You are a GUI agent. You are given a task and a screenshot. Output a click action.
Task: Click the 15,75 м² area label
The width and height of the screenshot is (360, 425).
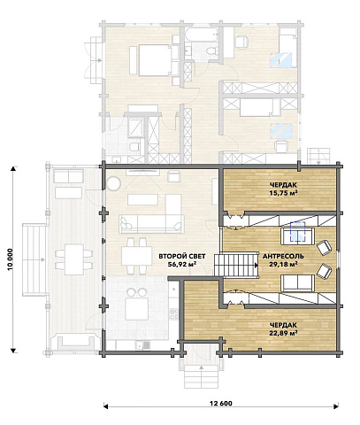pyautogui.click(x=283, y=193)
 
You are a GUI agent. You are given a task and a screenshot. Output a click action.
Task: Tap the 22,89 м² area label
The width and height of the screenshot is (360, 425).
pyautogui.click(x=283, y=333)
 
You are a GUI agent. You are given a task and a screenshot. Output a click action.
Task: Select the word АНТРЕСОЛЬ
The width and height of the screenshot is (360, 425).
pyautogui.click(x=283, y=256)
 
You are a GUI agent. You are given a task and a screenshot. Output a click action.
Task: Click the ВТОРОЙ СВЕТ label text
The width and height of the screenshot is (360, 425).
pyautogui.click(x=182, y=256)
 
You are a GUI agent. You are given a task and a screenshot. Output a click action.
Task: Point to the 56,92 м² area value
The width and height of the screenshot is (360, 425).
pyautogui.click(x=182, y=264)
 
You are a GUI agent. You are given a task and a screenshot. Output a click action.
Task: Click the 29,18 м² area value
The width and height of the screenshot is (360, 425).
pyautogui.click(x=283, y=264)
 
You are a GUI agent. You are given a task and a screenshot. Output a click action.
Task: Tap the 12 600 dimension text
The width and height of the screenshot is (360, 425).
pyautogui.click(x=221, y=404)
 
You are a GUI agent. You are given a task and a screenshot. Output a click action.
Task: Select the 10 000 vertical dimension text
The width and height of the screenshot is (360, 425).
pyautogui.click(x=11, y=259)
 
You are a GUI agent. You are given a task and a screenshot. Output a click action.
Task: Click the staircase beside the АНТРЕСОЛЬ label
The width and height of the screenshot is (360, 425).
pyautogui.click(x=236, y=265)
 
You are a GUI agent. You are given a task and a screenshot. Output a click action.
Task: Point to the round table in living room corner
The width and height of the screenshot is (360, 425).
pyautogui.click(x=113, y=183)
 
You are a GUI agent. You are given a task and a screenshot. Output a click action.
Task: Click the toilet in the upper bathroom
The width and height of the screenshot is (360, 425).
pyautogui.click(x=211, y=50)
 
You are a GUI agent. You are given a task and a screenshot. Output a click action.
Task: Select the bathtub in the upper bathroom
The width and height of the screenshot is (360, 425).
pyautogui.click(x=202, y=35)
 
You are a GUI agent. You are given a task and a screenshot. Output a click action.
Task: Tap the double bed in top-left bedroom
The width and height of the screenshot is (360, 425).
pyautogui.click(x=156, y=60)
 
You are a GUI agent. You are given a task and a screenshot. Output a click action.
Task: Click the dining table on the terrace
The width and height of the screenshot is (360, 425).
pyautogui.click(x=74, y=259)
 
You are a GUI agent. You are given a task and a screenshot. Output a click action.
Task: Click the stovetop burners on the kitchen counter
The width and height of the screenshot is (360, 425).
pyautogui.click(x=173, y=314)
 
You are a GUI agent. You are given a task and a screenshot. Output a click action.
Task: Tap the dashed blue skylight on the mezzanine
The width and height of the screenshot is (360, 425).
pyautogui.click(x=298, y=232)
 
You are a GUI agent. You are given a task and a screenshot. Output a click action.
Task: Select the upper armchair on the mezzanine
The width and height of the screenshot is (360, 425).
pyautogui.click(x=324, y=247)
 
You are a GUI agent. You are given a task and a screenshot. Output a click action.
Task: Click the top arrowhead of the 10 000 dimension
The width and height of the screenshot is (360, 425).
pyautogui.click(x=13, y=168)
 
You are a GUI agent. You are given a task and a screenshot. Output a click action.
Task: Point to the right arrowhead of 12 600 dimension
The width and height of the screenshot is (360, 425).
pyautogui.click(x=336, y=406)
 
